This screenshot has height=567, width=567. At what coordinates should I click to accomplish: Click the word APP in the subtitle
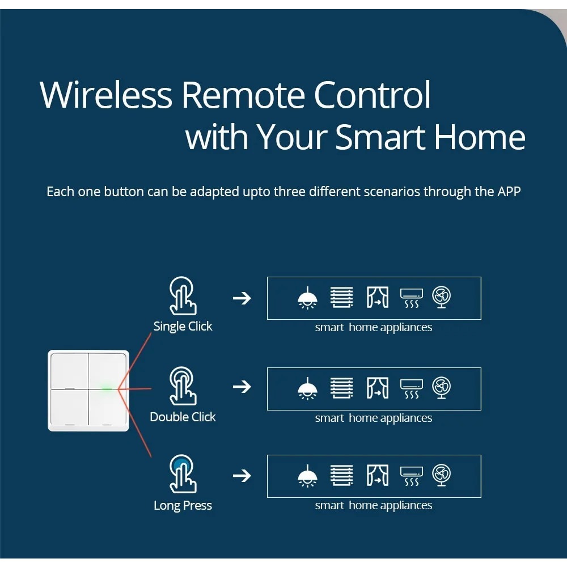pyautogui.click(x=509, y=192)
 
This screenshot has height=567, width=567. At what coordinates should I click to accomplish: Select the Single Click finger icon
pyautogui.click(x=183, y=295)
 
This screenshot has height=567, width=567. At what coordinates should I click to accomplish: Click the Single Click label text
pyautogui.click(x=183, y=327)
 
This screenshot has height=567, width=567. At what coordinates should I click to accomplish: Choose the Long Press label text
pyautogui.click(x=183, y=506)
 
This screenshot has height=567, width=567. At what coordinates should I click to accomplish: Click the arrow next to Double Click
pyautogui.click(x=242, y=387)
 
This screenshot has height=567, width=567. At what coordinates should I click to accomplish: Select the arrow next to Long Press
pyautogui.click(x=242, y=475)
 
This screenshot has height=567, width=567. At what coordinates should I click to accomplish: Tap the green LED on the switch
pyautogui.click(x=106, y=389)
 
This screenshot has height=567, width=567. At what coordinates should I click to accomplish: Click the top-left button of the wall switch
pyautogui.click(x=69, y=370)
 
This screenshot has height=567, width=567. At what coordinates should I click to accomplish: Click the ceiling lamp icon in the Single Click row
pyautogui.click(x=307, y=298)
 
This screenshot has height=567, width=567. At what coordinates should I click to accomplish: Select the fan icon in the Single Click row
pyautogui.click(x=441, y=297)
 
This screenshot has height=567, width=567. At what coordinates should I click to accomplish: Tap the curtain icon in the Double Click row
pyautogui.click(x=378, y=388)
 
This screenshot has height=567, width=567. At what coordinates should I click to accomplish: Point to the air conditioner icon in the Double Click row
pyautogui.click(x=411, y=388)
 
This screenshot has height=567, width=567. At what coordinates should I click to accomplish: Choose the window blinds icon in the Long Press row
pyautogui.click(x=341, y=475)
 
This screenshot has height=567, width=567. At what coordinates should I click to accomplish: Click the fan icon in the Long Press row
pyautogui.click(x=441, y=475)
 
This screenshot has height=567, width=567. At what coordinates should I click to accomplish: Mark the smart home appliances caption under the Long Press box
pyautogui.click(x=374, y=506)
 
